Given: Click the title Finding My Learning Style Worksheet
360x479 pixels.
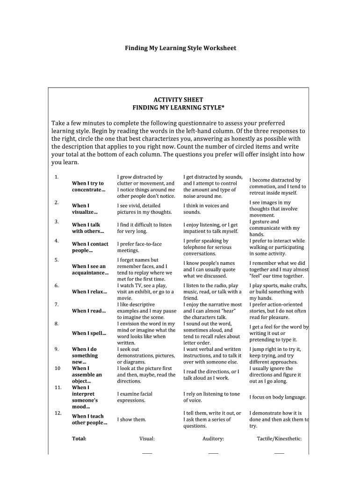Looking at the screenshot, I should [180, 48].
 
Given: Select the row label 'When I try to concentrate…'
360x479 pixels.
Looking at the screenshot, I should [88, 187].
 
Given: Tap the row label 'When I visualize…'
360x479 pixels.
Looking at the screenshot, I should [85, 209].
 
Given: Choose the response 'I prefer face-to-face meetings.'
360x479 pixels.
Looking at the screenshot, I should [139, 247].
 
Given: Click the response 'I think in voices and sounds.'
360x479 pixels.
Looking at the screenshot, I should [206, 209].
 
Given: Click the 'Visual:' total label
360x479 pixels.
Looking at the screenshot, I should [147, 439].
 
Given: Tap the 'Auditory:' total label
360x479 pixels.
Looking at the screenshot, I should [213, 439].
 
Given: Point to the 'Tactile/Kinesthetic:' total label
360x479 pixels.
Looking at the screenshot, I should [279, 439].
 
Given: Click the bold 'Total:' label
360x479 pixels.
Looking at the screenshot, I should [79, 439].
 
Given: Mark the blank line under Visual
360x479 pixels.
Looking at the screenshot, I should [147, 453].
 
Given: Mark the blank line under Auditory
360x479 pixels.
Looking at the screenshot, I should [213, 453].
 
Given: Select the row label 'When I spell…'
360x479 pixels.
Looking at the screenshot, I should [89, 333].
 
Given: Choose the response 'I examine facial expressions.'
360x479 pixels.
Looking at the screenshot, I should [135, 397].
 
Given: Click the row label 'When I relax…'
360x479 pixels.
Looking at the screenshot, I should [89, 292].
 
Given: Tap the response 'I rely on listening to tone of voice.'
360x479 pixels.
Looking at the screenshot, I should [211, 397].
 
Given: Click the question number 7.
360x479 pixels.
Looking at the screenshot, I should [56, 304].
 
